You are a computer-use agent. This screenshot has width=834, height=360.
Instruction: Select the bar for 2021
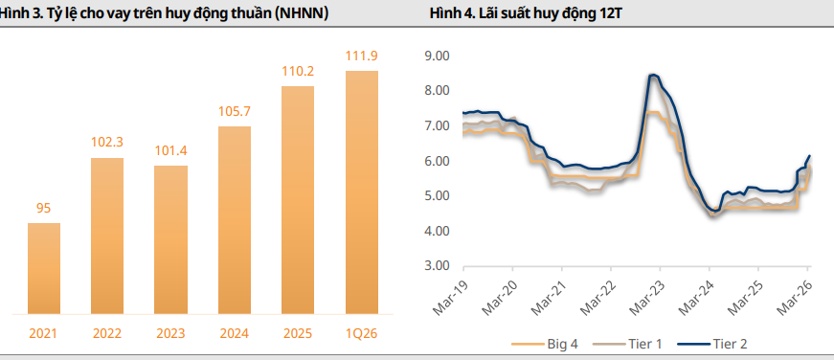(44, 268)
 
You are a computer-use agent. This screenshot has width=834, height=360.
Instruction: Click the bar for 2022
(107, 236)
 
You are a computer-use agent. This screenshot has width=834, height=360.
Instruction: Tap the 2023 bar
(171, 239)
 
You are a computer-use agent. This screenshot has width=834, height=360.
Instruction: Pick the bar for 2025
(298, 199)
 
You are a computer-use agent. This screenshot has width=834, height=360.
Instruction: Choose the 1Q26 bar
(362, 191)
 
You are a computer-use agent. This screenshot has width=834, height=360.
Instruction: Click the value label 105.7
(235, 111)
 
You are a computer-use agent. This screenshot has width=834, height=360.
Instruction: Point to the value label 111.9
(362, 56)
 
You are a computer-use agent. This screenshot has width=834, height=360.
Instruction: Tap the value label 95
(44, 208)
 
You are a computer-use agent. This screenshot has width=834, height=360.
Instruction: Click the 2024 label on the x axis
(235, 333)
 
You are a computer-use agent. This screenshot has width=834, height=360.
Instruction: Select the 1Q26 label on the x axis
(362, 333)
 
